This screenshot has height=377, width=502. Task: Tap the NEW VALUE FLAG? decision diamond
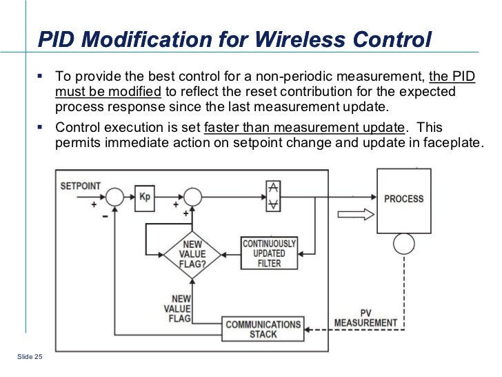coord(191,255)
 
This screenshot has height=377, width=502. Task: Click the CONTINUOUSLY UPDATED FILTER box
coord(269,253)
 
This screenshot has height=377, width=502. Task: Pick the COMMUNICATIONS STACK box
coord(263,329)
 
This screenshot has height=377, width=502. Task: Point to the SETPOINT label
coord(81,186)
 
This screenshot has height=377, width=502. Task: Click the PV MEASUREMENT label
coord(365,318)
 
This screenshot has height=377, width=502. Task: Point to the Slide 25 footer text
coord(28,356)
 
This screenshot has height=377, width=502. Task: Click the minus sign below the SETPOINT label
coord(104,215)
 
